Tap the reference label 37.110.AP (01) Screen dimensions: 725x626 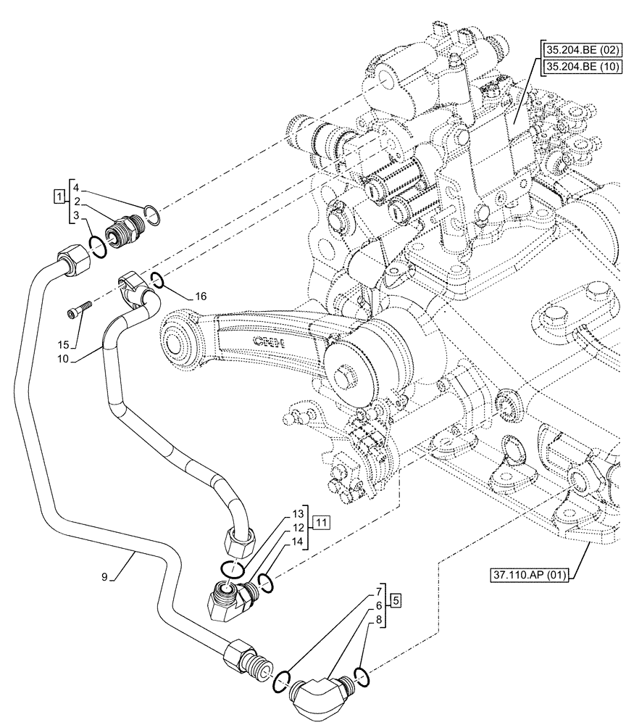tap(528, 576)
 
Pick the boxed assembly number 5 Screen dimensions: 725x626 tap(394, 600)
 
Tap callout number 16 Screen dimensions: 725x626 tap(201, 296)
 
